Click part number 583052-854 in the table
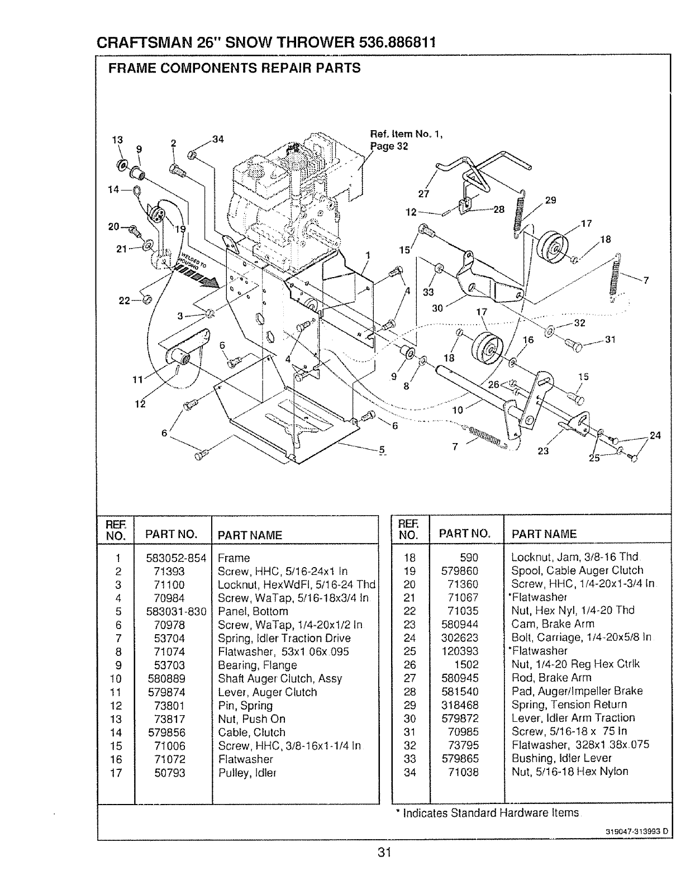(176, 558)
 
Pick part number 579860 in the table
(460, 570)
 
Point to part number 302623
(460, 637)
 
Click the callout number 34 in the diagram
(218, 139)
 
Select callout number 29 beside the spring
(550, 200)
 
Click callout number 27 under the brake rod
(423, 194)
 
